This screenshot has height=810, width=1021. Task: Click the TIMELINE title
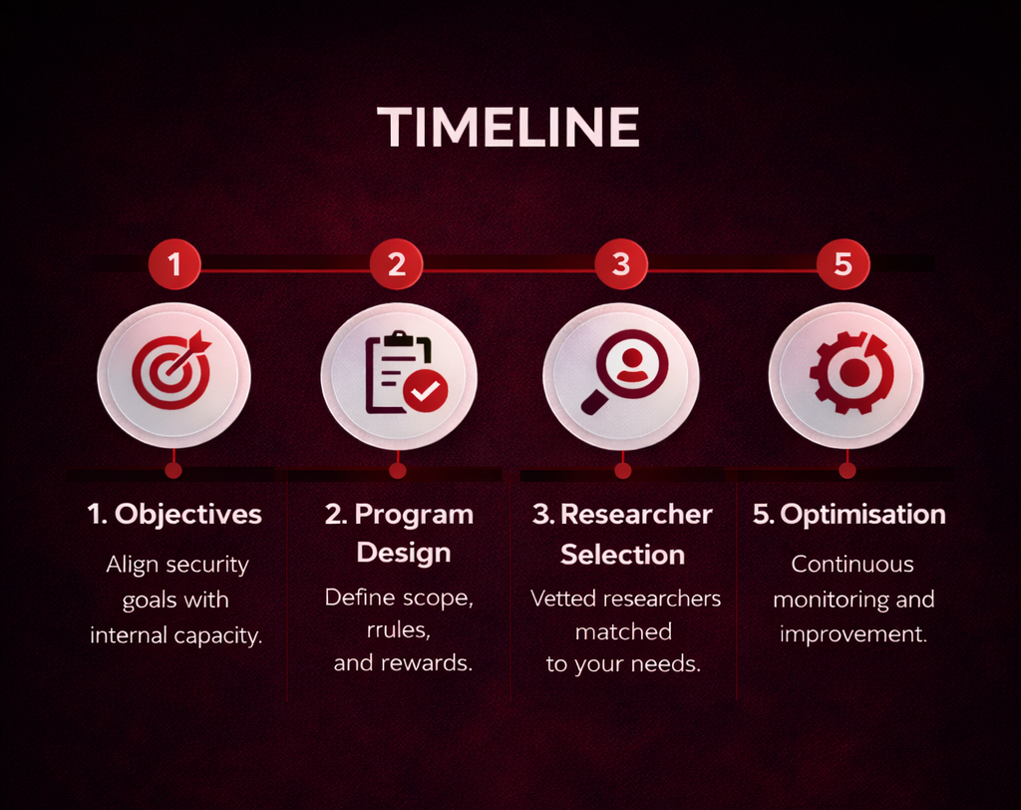[x=509, y=128]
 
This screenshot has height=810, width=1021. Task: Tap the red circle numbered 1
[x=174, y=264]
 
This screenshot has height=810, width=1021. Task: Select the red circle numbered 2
[x=396, y=264]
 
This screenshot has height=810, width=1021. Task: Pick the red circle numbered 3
[x=621, y=264]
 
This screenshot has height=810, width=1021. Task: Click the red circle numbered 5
[x=844, y=264]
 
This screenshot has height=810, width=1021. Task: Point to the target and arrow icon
[x=172, y=371]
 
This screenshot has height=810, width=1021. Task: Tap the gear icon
[x=850, y=372]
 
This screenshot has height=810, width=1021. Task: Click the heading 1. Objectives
[x=174, y=515]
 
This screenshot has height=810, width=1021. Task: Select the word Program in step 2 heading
[x=414, y=515]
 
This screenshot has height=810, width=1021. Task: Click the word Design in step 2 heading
[x=404, y=553]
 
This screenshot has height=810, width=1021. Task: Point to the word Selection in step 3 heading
[x=622, y=554]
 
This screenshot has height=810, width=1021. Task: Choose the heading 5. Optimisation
[x=849, y=515]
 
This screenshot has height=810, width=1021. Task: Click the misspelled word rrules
[x=398, y=630]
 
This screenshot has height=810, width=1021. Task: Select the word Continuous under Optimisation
[x=852, y=565]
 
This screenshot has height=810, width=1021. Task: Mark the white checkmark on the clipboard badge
[x=427, y=392]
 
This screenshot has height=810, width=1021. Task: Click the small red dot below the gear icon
[x=847, y=470]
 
